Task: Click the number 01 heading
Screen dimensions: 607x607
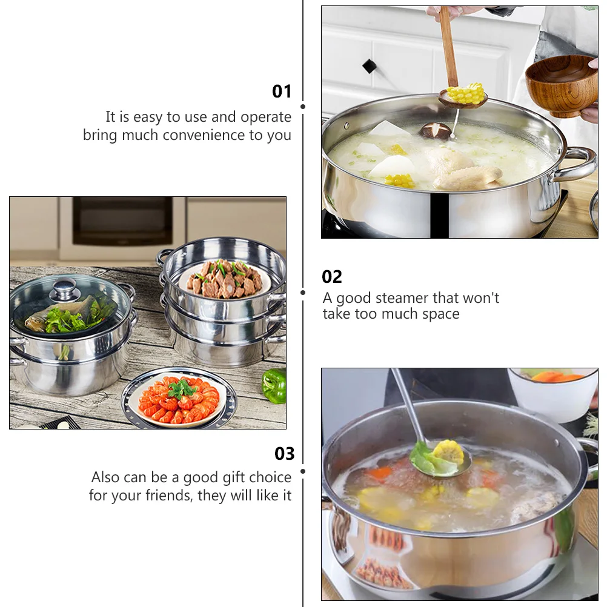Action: pyautogui.click(x=282, y=91)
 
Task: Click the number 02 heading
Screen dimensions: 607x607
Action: pyautogui.click(x=332, y=277)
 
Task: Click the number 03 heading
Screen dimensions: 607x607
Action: pyautogui.click(x=284, y=454)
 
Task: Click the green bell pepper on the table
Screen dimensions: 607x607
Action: pyautogui.click(x=274, y=385)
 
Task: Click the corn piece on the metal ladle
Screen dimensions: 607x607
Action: pyautogui.click(x=448, y=452)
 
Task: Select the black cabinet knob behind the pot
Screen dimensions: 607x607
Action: pyautogui.click(x=369, y=66)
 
